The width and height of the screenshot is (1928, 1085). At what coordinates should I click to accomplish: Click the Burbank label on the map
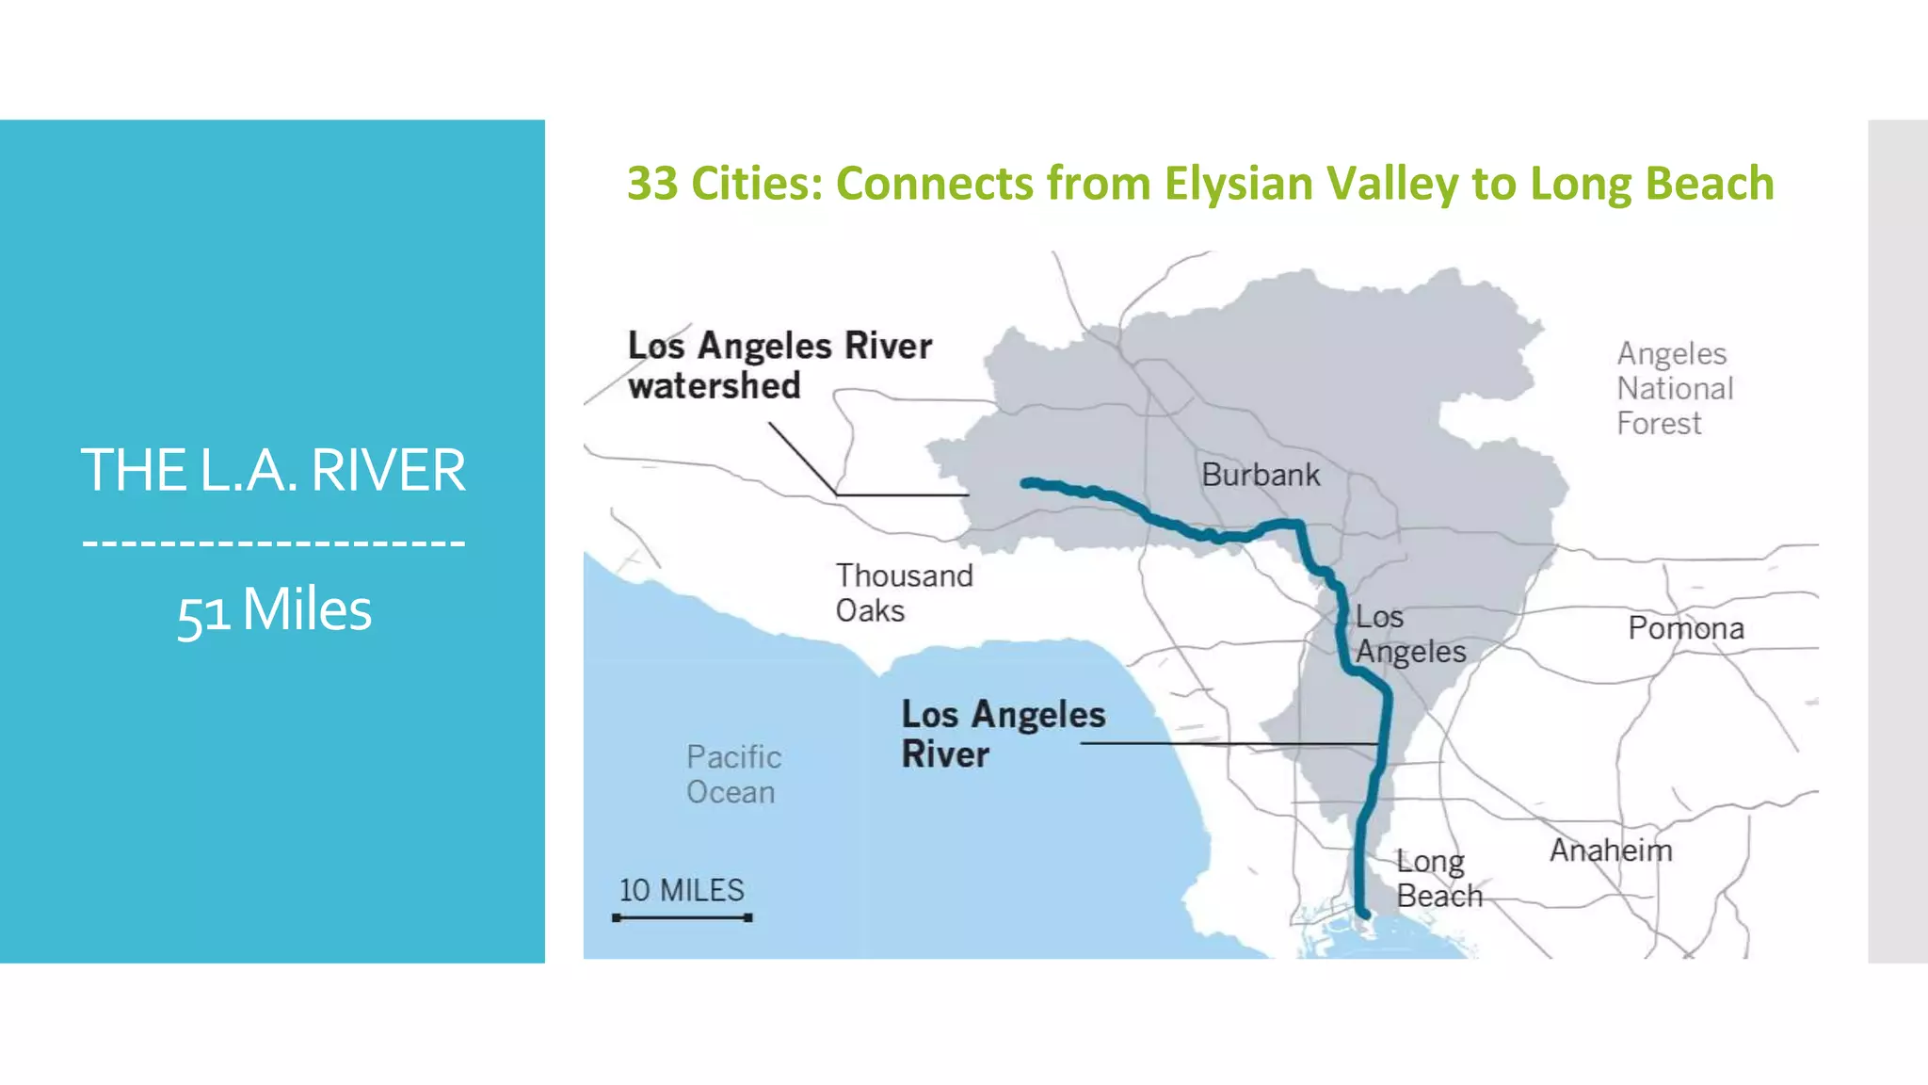pos(1261,475)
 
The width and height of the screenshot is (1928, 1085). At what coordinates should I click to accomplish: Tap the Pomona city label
pos(1686,628)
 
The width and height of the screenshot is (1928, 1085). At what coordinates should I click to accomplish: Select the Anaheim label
pos(1611,850)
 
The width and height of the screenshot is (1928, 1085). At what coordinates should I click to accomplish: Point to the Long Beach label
pos(1438,879)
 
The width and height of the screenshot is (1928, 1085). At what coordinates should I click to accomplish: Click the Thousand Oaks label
pos(904,593)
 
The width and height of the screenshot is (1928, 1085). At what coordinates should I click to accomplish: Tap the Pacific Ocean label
pos(733,774)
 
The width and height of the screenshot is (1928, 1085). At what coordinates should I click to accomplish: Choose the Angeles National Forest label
pos(1675,388)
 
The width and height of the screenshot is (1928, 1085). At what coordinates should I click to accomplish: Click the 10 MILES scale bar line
pos(683,917)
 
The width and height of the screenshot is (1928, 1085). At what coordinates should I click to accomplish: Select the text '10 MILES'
pos(682,890)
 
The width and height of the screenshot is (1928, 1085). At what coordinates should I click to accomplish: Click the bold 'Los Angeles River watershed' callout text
pos(779,365)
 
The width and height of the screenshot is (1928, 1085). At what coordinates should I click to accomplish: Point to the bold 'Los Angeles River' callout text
pos(1003,735)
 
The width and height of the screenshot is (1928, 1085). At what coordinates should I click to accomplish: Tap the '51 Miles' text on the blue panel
pos(274,610)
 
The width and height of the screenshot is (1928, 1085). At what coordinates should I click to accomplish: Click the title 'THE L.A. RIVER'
pos(273,470)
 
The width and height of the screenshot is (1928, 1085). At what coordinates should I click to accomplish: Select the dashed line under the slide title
pos(273,543)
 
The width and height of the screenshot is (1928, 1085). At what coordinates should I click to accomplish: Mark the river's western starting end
pos(1027,482)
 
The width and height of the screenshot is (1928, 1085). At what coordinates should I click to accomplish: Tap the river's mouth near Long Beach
pos(1363,913)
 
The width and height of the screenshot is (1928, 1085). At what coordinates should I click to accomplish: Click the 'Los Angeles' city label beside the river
pos(1409,634)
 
